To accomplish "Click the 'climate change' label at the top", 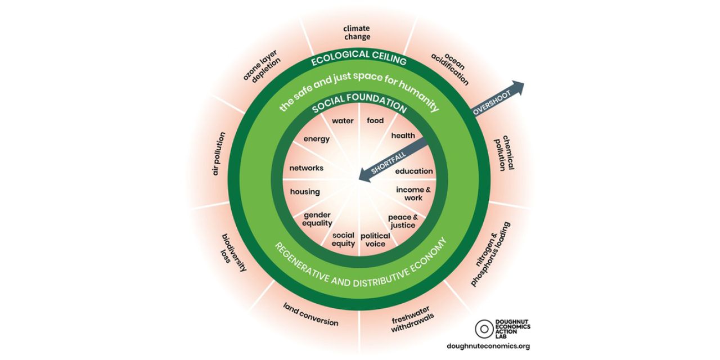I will pos(357,32).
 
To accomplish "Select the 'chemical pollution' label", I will pos(504,152).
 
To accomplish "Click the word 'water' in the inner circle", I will pos(343,121).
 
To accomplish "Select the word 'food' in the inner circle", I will pos(375,121).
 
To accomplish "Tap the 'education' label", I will pos(414,171).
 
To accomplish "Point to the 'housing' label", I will pos(305,192).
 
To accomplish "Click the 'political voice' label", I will pos(375,240).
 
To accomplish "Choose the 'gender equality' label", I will pos(318,219).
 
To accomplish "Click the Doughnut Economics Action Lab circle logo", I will pos(484,329).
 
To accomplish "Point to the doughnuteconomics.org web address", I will pos(488,346).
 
